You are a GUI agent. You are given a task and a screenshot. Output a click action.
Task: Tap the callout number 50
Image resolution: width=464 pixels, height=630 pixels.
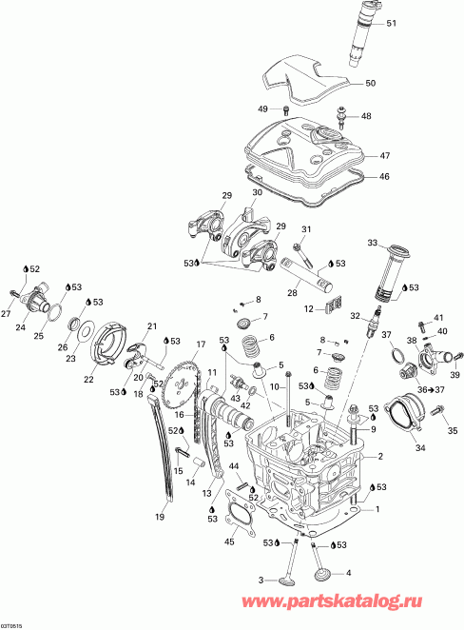pos(370,83)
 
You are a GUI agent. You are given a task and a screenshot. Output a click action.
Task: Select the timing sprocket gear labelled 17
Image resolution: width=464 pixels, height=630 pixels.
pos(175,389)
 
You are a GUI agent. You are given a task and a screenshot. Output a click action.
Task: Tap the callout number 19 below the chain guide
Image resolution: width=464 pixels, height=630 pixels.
pos(160,517)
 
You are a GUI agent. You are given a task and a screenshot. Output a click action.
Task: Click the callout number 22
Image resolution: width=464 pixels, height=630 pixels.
pos(88,378)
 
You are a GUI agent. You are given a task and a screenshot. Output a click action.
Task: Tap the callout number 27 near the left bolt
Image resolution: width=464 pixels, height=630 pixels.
pos(7,314)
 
